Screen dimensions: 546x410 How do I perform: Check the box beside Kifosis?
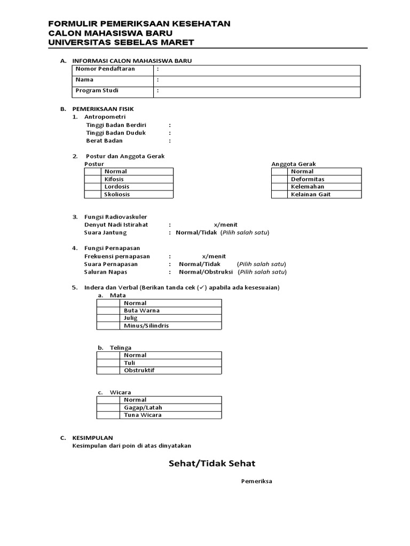93,179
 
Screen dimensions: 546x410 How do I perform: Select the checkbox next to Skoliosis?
93,195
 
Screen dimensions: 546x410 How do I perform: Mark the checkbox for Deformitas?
280,179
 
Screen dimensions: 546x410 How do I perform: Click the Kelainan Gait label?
311,195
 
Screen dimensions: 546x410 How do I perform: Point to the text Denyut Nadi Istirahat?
116,224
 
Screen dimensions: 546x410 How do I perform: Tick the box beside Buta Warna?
108,310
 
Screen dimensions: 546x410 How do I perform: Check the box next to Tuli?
108,363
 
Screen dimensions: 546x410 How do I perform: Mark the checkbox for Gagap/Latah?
108,407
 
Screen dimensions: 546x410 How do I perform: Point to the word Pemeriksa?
257,481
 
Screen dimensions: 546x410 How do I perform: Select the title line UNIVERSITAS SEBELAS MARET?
121,42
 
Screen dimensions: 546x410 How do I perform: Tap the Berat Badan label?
104,141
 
